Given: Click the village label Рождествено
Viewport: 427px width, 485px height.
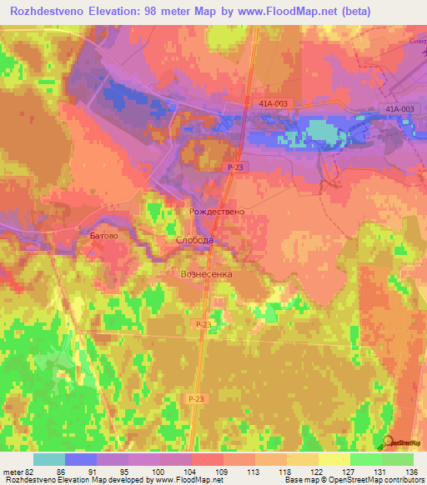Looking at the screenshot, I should [217, 212].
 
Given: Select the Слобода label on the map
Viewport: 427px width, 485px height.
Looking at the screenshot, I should [195, 240].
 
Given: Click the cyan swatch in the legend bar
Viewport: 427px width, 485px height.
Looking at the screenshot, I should [49, 459].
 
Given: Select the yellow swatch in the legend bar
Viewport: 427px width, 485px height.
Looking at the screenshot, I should [334, 459].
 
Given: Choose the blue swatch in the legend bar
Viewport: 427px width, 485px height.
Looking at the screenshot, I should [81, 459].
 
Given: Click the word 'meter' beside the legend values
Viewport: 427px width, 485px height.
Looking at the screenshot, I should [13, 472].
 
